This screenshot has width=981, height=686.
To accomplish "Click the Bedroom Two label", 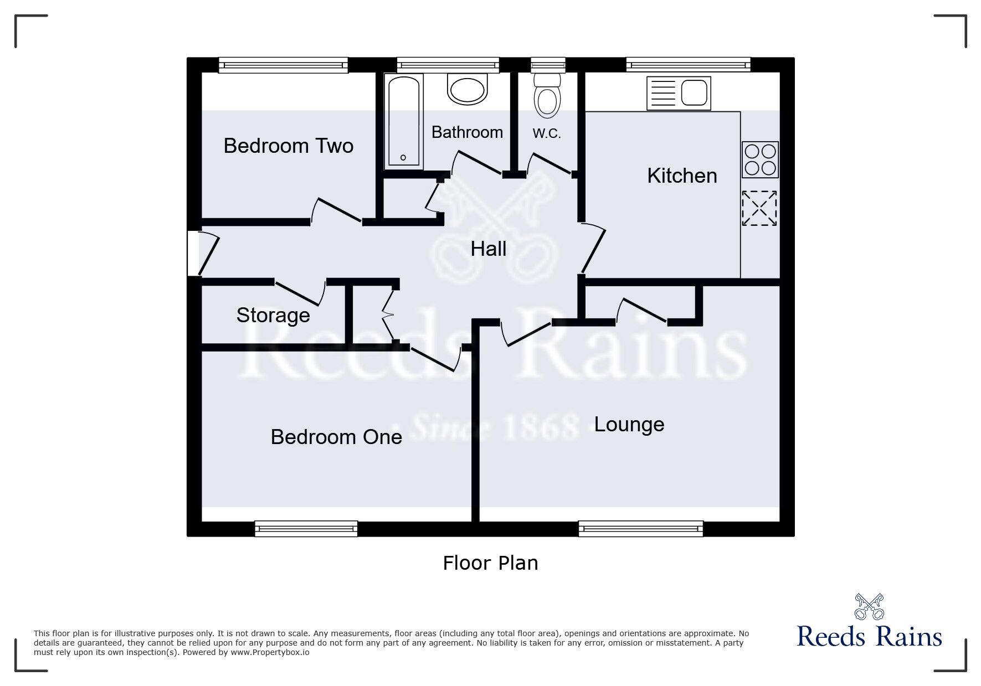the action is [288, 146].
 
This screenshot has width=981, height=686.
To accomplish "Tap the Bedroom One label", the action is [336, 437].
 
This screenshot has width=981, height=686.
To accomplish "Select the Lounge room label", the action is [629, 425].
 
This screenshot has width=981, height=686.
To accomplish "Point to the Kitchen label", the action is [682, 176].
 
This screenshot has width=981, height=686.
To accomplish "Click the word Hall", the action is [489, 249].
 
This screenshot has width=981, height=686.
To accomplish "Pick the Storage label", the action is [273, 315].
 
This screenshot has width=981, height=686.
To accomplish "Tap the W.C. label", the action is [547, 133].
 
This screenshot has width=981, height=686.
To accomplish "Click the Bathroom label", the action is [467, 132].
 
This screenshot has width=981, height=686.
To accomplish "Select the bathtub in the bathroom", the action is [403, 121].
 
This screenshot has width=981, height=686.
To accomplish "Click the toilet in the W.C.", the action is [547, 95].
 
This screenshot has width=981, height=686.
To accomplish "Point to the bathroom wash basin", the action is [468, 90].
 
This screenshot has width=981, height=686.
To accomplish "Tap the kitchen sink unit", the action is [679, 93].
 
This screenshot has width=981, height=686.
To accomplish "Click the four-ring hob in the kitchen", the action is [760, 159].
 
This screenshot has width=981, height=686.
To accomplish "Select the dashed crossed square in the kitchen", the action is [759, 208].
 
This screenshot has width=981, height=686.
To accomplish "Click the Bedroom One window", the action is [306, 529].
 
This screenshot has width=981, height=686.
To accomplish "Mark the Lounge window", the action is [641, 529].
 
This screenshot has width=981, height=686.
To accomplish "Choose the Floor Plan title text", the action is [490, 563].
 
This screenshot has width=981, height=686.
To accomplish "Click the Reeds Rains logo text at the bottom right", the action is [869, 637].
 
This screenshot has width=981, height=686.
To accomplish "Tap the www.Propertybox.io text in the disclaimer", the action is [270, 652].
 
